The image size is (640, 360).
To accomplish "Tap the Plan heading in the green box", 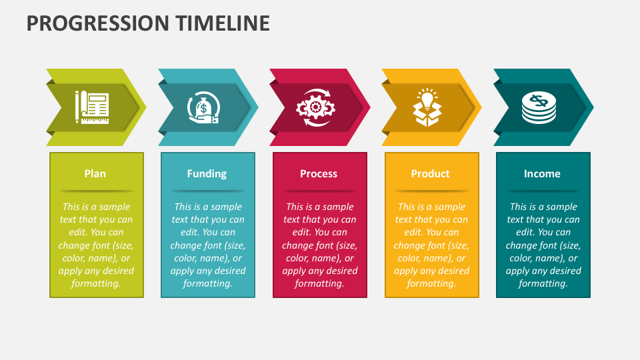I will click(x=95, y=174).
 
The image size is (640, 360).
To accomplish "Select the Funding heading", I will click(x=207, y=174).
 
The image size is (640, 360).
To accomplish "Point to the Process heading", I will click(x=319, y=174).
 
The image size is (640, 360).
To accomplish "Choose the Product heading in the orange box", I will click(x=430, y=174).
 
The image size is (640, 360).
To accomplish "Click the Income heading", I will click(x=542, y=174).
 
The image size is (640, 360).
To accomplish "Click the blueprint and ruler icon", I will click(x=93, y=107).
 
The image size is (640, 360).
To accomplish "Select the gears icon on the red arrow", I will click(x=315, y=107).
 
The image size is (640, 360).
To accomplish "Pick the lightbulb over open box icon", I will click(x=427, y=107).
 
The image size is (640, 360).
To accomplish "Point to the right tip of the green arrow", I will click(x=145, y=107).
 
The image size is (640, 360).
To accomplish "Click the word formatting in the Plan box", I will click(x=96, y=283).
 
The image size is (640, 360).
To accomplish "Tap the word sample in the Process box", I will click(x=338, y=207).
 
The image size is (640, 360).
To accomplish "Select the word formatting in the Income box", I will click(x=543, y=283).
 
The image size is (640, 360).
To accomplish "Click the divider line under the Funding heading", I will click(x=207, y=191).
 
